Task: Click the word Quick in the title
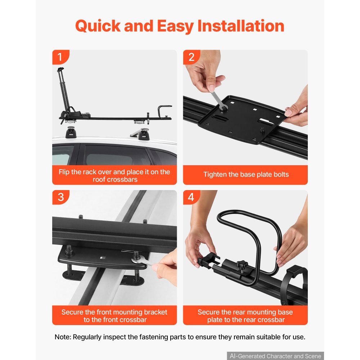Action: pos(98,26)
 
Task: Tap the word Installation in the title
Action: pos(240,26)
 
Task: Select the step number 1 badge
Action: pos(60,57)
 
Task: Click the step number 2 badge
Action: pos(192,57)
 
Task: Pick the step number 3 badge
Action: pos(60,197)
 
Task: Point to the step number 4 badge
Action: pos(192,197)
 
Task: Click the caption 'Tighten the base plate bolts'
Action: pos(246,175)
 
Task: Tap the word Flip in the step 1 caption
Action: pos(64,172)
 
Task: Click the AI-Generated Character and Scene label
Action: pos(275,356)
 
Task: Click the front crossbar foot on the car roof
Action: pos(144,134)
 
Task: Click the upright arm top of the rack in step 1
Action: pos(60,69)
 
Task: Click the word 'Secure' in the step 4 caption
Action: pos(208,312)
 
